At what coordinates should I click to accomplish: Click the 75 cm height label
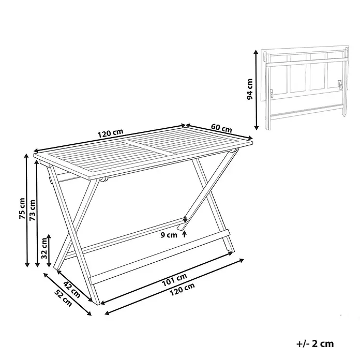click(22, 208)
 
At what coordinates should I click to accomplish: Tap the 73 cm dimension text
click(33, 210)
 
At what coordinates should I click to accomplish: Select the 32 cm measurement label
click(44, 248)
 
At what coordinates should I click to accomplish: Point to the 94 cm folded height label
click(249, 89)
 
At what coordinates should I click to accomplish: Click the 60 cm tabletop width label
click(221, 128)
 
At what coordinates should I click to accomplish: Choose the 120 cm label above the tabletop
click(111, 133)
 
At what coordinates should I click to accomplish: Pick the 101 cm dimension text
click(174, 280)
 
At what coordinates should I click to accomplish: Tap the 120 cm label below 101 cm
click(182, 289)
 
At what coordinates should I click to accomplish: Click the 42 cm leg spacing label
click(71, 289)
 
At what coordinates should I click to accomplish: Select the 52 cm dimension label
click(63, 298)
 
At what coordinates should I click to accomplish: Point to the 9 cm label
click(169, 235)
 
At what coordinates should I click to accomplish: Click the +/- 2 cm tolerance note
click(315, 343)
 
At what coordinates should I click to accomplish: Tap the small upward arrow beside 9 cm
click(184, 234)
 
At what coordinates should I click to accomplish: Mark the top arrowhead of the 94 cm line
click(256, 52)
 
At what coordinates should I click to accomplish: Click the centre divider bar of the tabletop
click(147, 147)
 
